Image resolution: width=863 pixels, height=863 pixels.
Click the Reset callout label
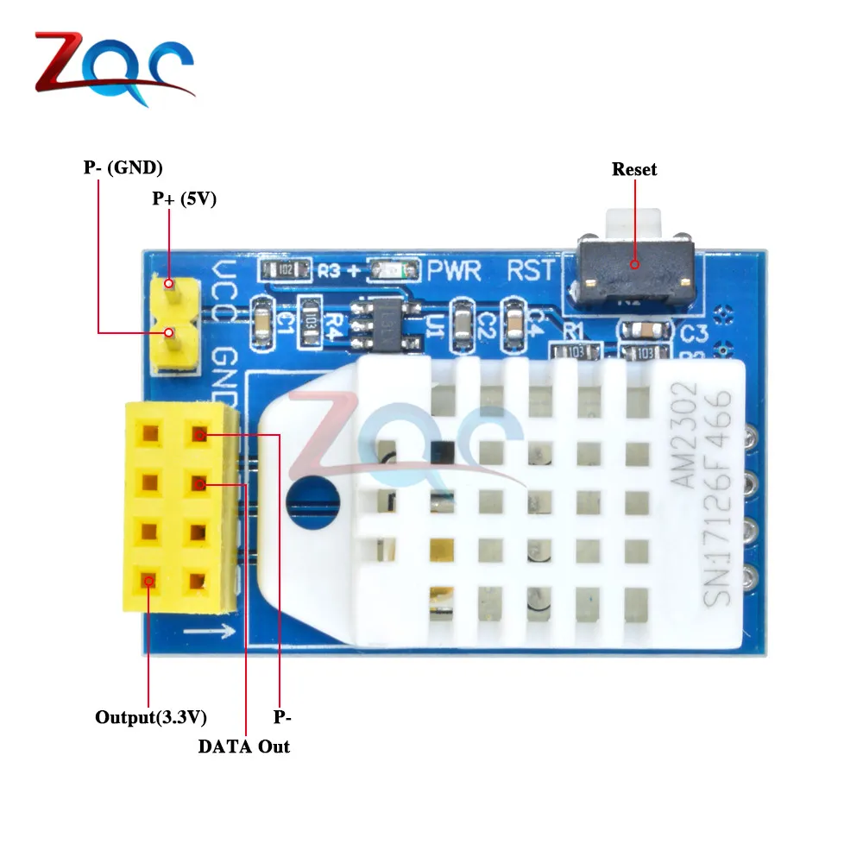(634, 169)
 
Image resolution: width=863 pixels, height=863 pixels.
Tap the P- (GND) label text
(123, 167)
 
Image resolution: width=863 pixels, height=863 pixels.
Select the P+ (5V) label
(184, 198)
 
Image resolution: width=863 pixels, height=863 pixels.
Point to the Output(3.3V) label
(151, 717)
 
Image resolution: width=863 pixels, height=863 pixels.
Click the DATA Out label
(244, 746)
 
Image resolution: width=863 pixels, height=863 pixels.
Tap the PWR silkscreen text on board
(455, 271)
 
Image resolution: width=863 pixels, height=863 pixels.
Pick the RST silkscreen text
(531, 271)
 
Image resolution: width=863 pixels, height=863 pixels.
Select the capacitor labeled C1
(263, 322)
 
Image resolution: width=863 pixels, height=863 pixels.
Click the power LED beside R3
(393, 271)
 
